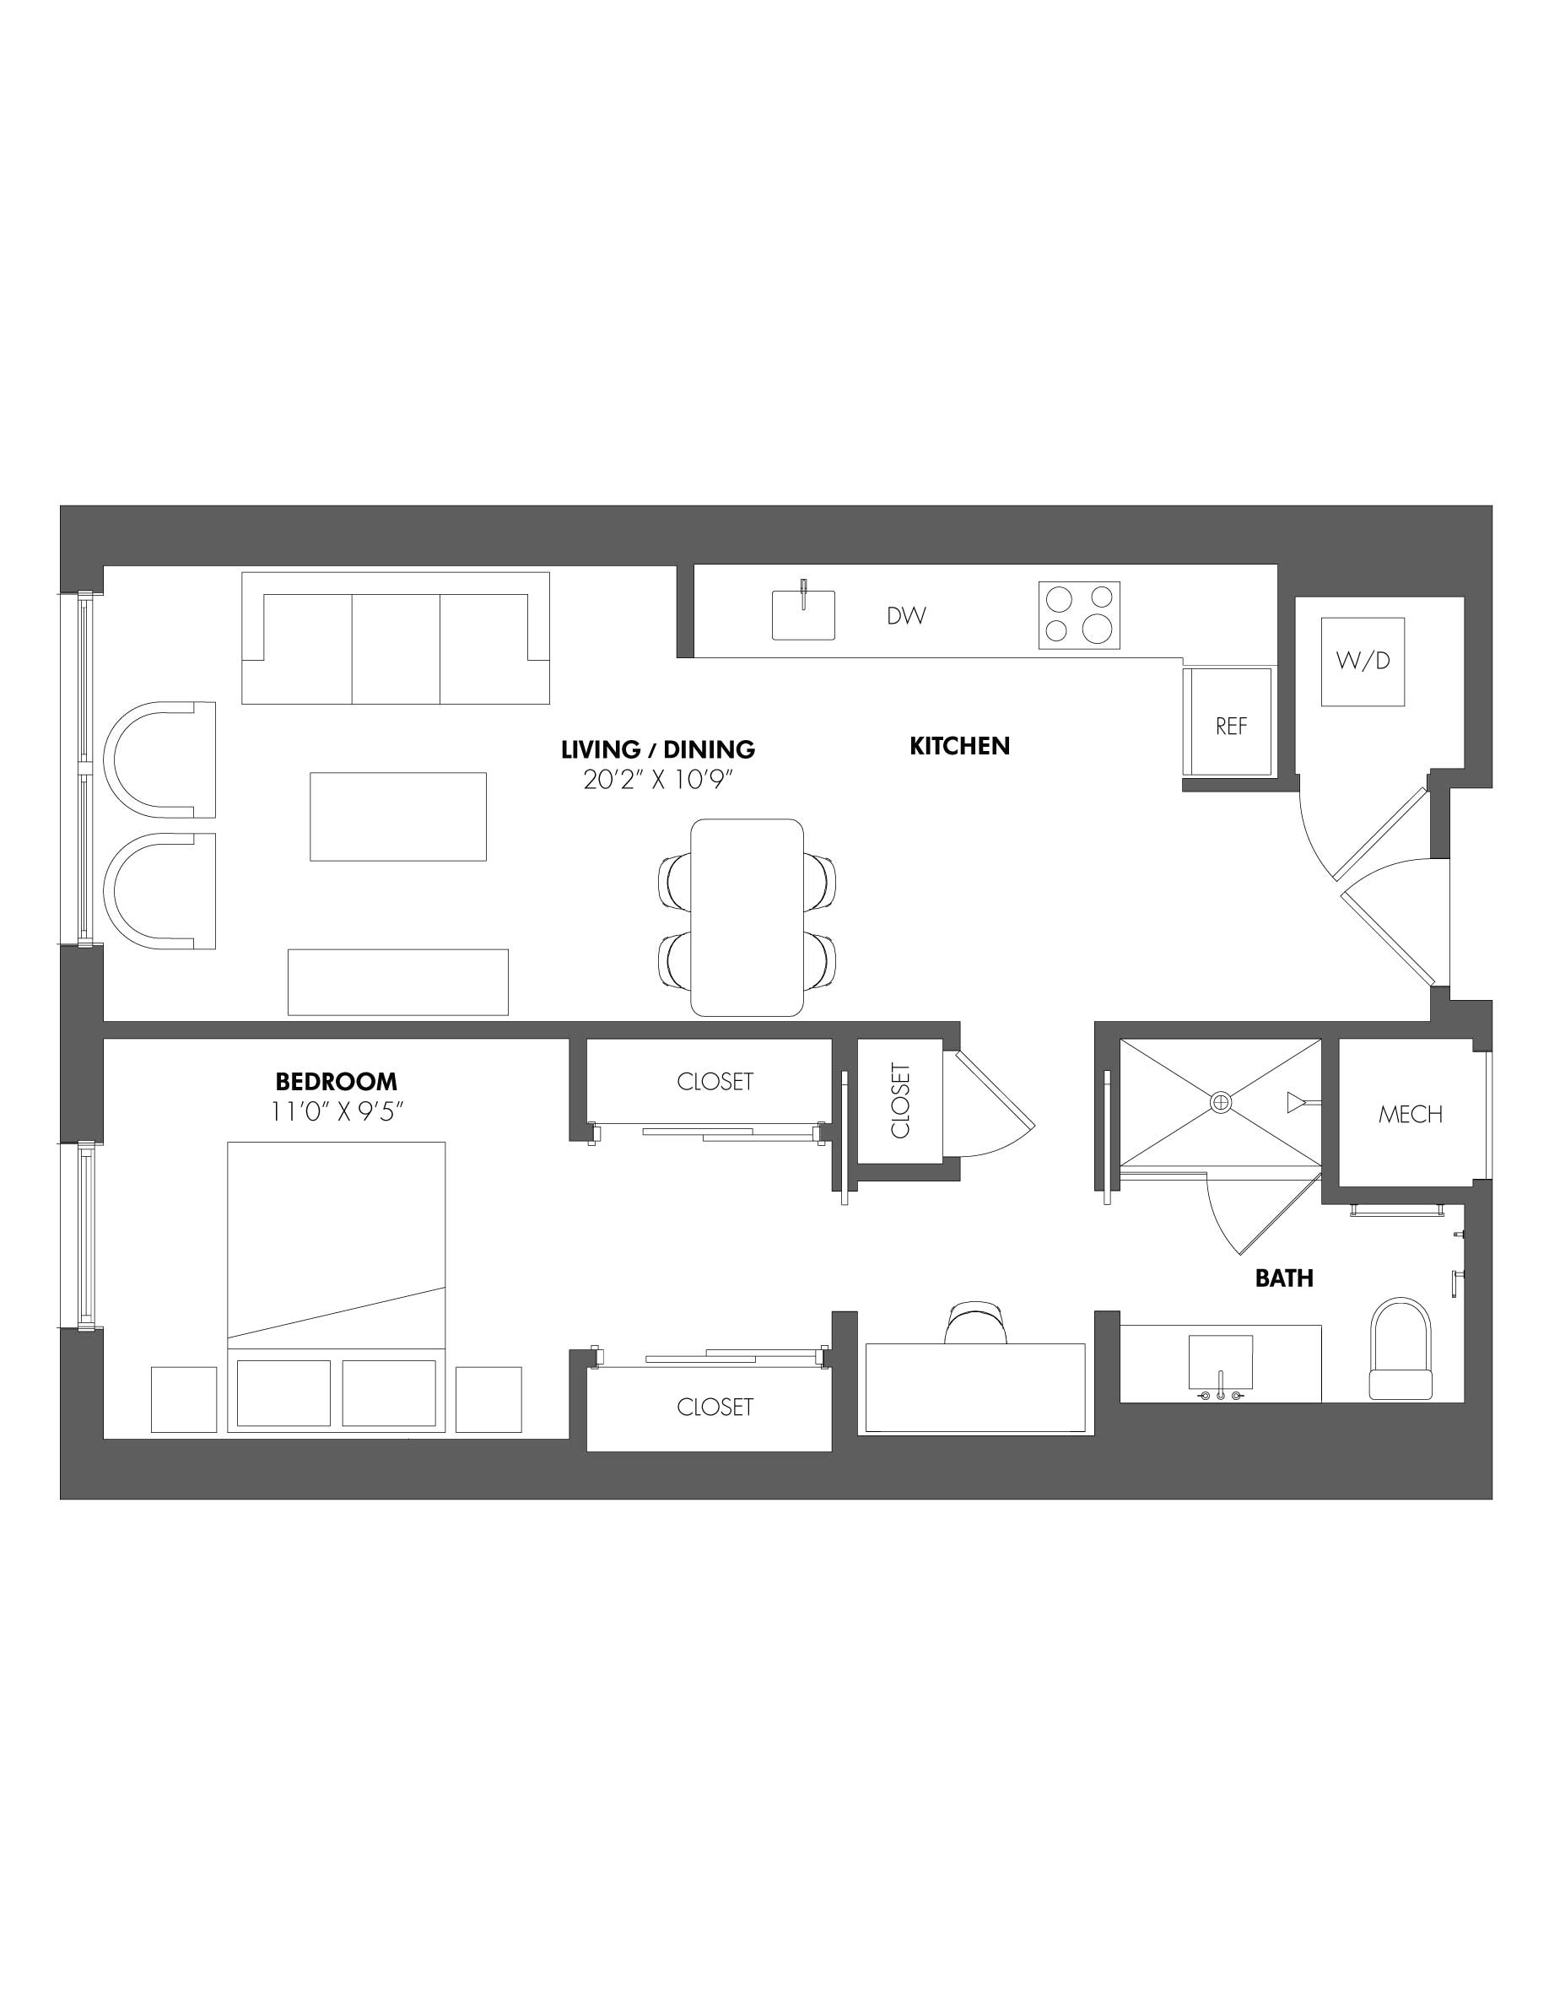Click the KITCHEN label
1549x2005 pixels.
(x=959, y=746)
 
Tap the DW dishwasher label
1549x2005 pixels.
(x=906, y=616)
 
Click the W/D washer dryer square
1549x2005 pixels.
(x=1362, y=661)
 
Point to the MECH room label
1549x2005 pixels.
(x=1410, y=1115)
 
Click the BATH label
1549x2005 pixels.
(x=1284, y=1278)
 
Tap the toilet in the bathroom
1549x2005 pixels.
(x=1400, y=1350)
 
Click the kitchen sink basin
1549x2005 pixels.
(x=803, y=615)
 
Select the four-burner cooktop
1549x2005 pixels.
(x=1078, y=615)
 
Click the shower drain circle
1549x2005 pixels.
(x=1221, y=1103)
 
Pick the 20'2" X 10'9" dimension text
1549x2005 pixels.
(x=660, y=780)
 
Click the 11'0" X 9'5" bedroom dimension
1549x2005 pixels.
(x=337, y=1111)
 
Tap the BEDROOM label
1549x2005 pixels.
(x=336, y=1082)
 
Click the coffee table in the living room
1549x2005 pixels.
(x=397, y=816)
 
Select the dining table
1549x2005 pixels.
(x=746, y=917)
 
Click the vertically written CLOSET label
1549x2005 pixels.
(x=899, y=1100)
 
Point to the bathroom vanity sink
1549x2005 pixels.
(x=1221, y=1364)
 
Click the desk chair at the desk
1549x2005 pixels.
(x=978, y=1321)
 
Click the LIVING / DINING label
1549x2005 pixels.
(x=657, y=749)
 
